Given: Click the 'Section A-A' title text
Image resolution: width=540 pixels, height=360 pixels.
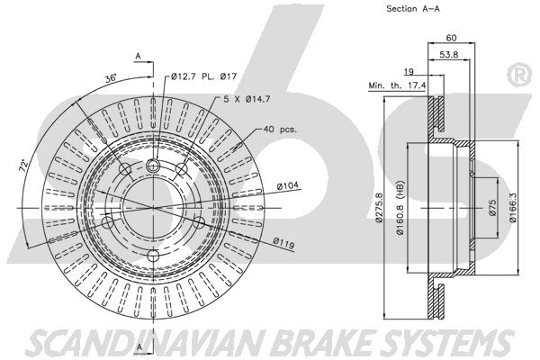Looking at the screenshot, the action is pyautogui.click(x=413, y=9).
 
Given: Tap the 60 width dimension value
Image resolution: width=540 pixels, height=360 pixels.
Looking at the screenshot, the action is pyautogui.click(x=451, y=38).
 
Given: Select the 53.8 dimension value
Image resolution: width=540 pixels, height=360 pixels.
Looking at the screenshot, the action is pyautogui.click(x=449, y=54).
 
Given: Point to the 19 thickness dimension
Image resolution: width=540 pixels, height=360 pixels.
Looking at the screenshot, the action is pyautogui.click(x=409, y=72).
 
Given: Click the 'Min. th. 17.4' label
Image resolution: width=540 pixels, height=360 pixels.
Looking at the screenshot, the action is pyautogui.click(x=397, y=85).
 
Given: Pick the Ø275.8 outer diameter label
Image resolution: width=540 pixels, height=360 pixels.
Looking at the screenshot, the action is pyautogui.click(x=379, y=207).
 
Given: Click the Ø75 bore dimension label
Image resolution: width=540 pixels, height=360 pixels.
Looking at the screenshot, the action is pyautogui.click(x=492, y=207).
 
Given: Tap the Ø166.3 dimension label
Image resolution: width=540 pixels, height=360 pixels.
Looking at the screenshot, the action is pyautogui.click(x=513, y=207).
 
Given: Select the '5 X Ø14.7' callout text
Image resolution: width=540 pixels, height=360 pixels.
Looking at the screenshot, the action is pyautogui.click(x=247, y=99).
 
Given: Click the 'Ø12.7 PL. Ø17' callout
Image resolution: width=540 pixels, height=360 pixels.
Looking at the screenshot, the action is pyautogui.click(x=204, y=76).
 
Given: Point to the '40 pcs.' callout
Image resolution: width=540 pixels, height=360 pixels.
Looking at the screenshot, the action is pyautogui.click(x=280, y=130).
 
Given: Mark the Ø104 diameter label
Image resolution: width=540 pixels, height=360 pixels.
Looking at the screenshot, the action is pyautogui.click(x=288, y=186).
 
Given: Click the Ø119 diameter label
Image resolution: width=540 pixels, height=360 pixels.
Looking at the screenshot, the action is pyautogui.click(x=284, y=243).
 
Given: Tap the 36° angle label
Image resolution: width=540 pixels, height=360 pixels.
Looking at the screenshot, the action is pyautogui.click(x=111, y=78).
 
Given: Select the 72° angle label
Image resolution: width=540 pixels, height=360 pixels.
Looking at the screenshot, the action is pyautogui.click(x=23, y=166).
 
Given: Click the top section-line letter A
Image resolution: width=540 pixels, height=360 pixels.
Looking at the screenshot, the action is pyautogui.click(x=138, y=56).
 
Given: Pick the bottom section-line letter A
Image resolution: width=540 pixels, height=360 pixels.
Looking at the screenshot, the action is pyautogui.click(x=139, y=346).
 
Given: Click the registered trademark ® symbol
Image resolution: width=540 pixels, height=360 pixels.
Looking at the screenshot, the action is pyautogui.click(x=519, y=76).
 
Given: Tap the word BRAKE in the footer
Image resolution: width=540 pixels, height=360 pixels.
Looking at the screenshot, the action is pyautogui.click(x=323, y=342).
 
